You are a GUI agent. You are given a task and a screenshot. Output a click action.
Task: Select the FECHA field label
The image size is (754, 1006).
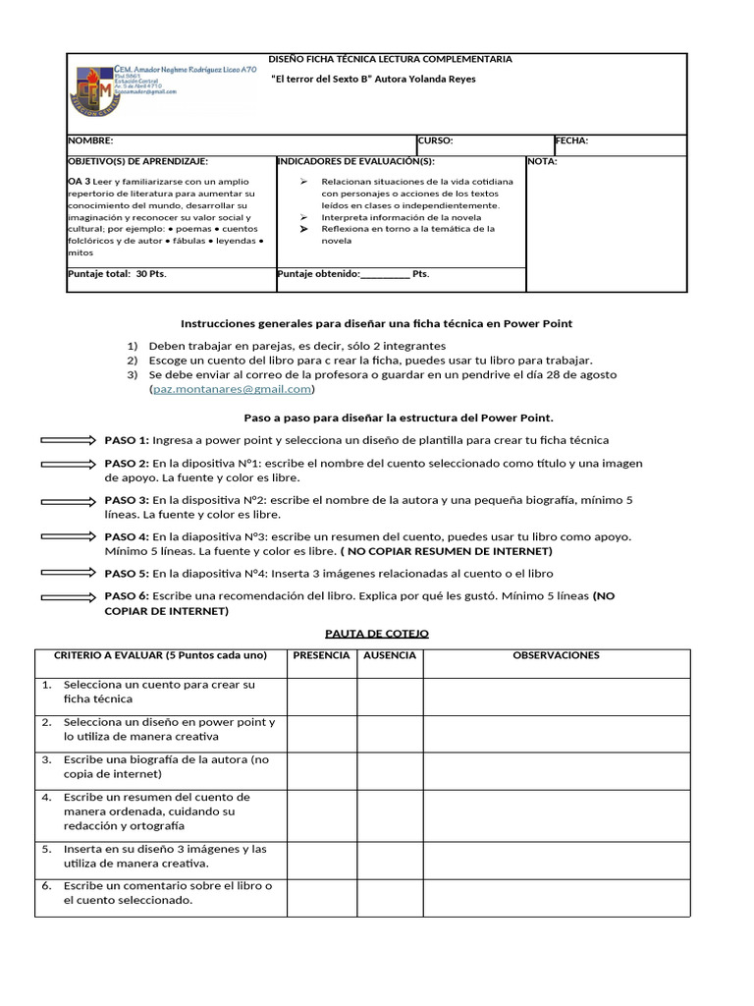[571, 140]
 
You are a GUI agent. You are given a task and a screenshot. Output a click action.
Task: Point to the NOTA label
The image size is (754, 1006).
[542, 162]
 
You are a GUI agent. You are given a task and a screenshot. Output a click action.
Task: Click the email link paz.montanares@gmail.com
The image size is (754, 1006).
[232, 389]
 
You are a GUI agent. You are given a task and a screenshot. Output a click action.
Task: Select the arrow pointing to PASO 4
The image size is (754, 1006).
[69, 536]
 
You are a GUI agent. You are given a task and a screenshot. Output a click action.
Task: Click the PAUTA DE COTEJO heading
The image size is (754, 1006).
[377, 634]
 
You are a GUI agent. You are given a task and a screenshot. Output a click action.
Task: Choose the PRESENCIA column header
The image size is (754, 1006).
[321, 655]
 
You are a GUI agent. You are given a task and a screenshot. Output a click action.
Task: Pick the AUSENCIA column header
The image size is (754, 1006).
[389, 655]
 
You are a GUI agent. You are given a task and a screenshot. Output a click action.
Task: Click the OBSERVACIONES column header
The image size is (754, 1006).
[556, 655]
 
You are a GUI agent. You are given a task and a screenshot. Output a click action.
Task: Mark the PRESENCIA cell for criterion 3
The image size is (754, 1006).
[321, 767]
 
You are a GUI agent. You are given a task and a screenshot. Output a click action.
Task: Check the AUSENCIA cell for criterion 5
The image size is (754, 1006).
[389, 856]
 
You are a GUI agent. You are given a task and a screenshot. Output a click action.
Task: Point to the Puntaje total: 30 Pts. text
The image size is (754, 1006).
[117, 274]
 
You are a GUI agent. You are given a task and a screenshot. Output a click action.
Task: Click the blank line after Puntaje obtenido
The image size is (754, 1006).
[385, 275]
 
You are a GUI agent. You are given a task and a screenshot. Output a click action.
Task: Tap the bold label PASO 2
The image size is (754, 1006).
[127, 464]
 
